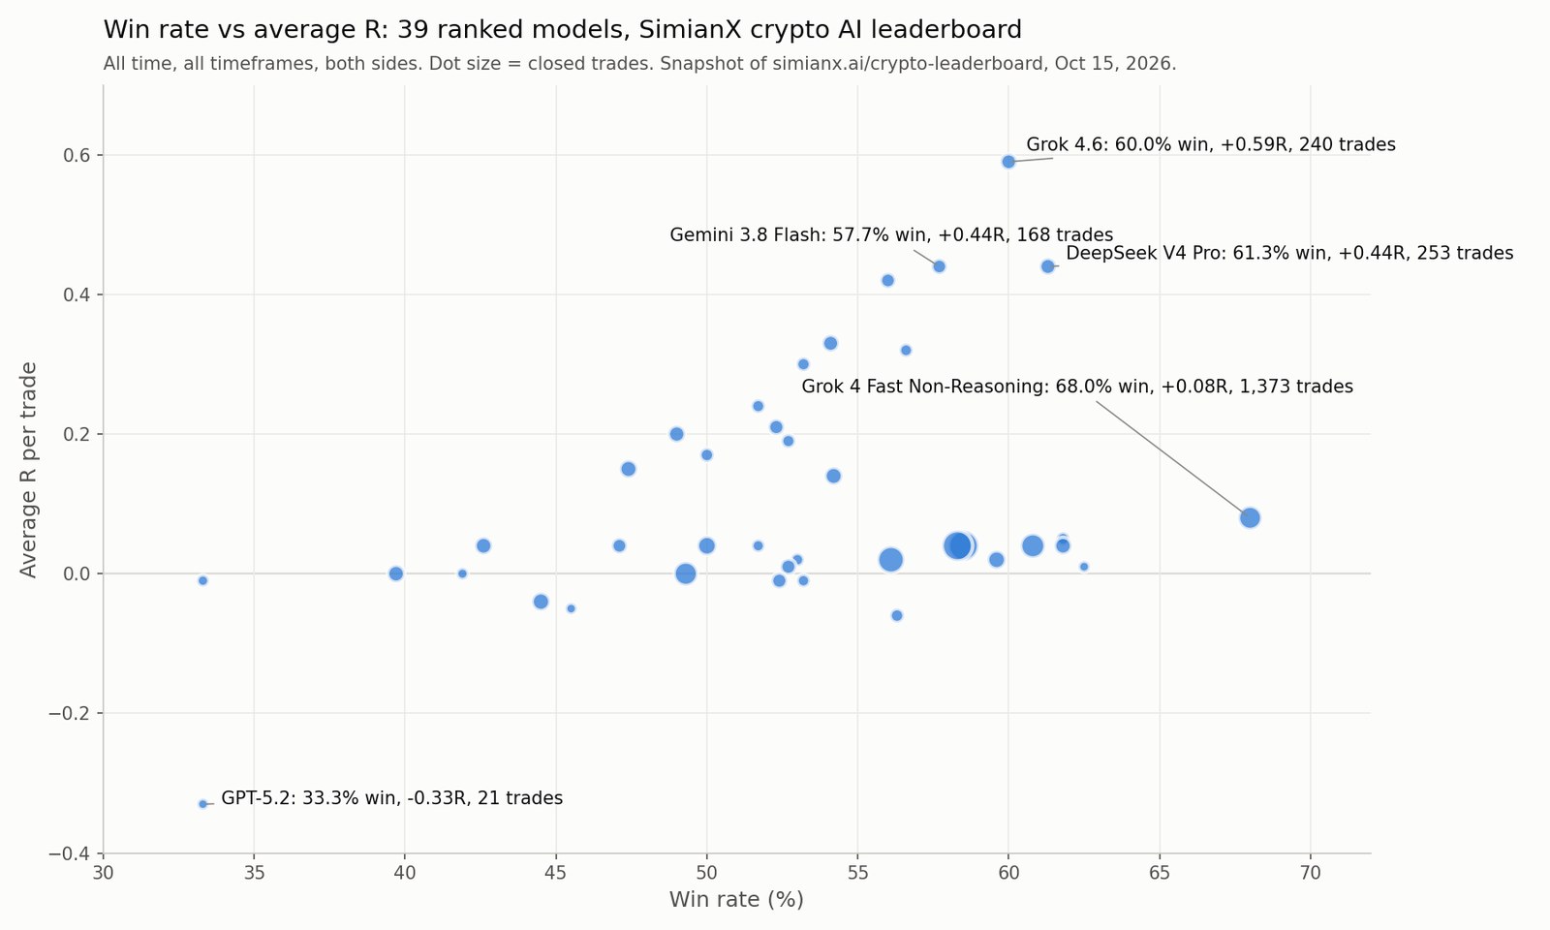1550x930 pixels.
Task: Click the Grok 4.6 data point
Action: click(x=1008, y=162)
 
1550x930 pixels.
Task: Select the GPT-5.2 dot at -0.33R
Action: click(x=202, y=804)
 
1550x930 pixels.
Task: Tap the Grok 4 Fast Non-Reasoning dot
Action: click(x=1250, y=517)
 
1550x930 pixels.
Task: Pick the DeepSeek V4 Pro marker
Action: click(x=1047, y=266)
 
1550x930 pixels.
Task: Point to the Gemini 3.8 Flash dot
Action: click(x=939, y=266)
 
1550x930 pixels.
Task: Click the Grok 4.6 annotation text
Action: click(x=1210, y=144)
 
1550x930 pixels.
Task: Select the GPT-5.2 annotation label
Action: click(x=391, y=798)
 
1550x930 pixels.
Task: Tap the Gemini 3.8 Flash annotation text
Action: click(x=891, y=235)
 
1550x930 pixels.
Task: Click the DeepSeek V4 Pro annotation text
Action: click(x=1289, y=253)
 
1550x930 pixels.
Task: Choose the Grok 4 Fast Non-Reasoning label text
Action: click(x=1076, y=387)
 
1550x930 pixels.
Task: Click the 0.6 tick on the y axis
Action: click(x=78, y=155)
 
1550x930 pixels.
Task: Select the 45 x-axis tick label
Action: click(x=556, y=874)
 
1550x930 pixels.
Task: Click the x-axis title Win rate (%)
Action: click(x=736, y=900)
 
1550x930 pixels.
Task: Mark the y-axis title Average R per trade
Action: click(x=28, y=469)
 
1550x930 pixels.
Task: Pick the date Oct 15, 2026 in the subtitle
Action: click(x=1112, y=64)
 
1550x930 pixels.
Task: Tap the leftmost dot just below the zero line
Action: click(x=202, y=580)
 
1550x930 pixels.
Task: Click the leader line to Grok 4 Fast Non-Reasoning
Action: click(x=1169, y=456)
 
